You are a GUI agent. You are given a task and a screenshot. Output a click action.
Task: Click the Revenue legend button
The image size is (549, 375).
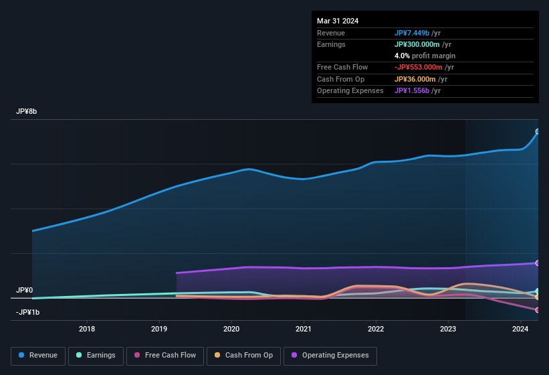(38, 355)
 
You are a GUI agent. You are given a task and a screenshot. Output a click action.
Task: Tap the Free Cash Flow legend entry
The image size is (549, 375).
(165, 355)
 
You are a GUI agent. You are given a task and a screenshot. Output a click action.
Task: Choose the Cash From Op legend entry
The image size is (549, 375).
(243, 355)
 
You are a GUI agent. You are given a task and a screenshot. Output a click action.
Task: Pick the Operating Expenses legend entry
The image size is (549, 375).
(330, 355)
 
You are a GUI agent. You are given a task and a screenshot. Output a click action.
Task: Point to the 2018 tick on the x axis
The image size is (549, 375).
(87, 329)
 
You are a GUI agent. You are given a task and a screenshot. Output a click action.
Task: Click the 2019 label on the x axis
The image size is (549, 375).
(159, 329)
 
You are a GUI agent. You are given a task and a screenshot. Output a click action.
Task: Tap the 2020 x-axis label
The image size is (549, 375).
(231, 329)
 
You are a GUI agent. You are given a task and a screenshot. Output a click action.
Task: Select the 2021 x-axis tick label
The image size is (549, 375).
(304, 329)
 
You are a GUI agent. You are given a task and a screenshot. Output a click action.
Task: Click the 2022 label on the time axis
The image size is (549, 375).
(376, 329)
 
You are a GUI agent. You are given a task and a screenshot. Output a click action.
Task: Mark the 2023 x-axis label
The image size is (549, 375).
(448, 329)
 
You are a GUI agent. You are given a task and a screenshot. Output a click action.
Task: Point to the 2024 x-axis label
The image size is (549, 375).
(520, 329)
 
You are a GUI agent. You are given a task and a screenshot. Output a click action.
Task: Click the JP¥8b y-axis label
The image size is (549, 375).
(27, 111)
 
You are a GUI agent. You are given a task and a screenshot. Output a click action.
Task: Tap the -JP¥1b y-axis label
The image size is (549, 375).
(28, 313)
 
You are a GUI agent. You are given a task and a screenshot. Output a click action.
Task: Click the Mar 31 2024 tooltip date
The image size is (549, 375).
(338, 21)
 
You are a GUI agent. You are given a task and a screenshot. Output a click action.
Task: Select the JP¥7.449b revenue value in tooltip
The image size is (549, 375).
(412, 33)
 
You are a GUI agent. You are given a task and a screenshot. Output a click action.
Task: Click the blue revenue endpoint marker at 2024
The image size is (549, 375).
(537, 132)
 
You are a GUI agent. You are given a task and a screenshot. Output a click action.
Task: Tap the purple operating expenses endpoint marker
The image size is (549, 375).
(537, 263)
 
